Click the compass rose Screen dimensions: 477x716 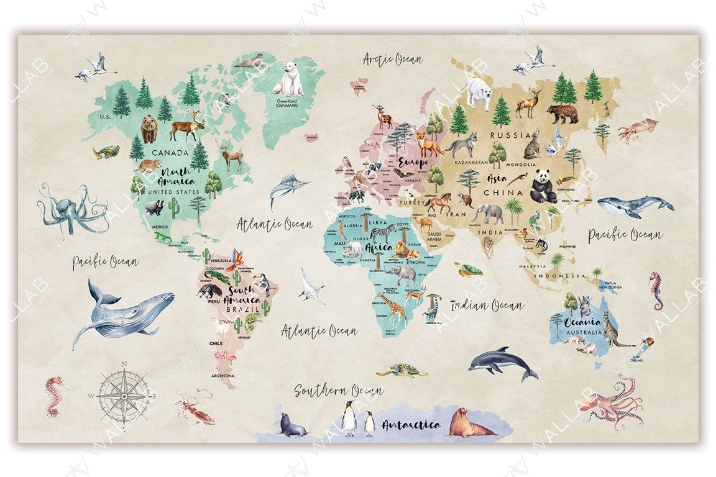click(124, 396)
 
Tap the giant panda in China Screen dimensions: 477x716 click(543, 187)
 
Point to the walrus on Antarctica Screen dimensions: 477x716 click(467, 423)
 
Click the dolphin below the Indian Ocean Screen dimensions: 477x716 click(502, 363)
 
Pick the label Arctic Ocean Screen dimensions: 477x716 click(392, 60)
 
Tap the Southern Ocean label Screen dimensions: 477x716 click(339, 391)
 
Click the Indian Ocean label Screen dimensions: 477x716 click(487, 305)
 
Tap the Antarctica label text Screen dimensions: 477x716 click(411, 425)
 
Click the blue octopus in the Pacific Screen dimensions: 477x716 click(70, 209)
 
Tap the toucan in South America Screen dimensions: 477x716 click(265, 285)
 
